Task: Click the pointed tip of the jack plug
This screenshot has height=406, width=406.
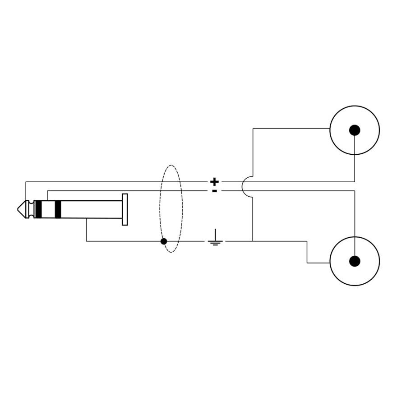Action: click(18, 209)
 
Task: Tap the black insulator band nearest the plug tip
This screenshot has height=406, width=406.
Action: click(38, 209)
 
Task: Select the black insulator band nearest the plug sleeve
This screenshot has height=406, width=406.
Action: click(58, 209)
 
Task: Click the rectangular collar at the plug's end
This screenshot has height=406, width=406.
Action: click(125, 209)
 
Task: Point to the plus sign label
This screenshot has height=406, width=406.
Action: click(214, 182)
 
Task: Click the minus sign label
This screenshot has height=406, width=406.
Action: click(214, 191)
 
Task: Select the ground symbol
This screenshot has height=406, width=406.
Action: click(215, 237)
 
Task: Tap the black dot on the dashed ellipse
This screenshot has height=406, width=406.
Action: click(164, 241)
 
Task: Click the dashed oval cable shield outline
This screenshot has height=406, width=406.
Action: click(160, 209)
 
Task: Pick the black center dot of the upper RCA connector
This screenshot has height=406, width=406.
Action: click(355, 130)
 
